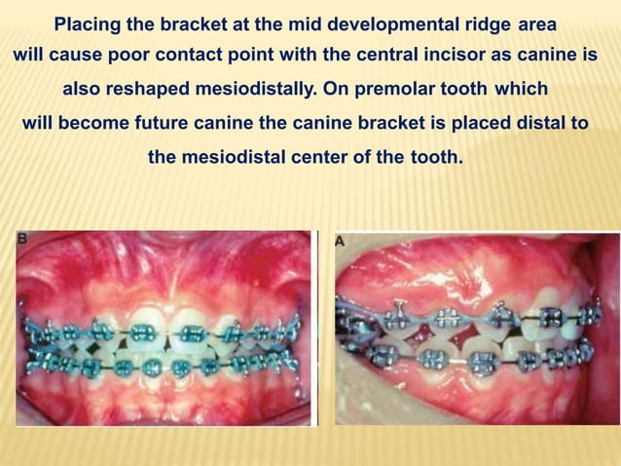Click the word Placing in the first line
point(86,23)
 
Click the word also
point(82,90)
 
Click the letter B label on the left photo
point(23,237)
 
